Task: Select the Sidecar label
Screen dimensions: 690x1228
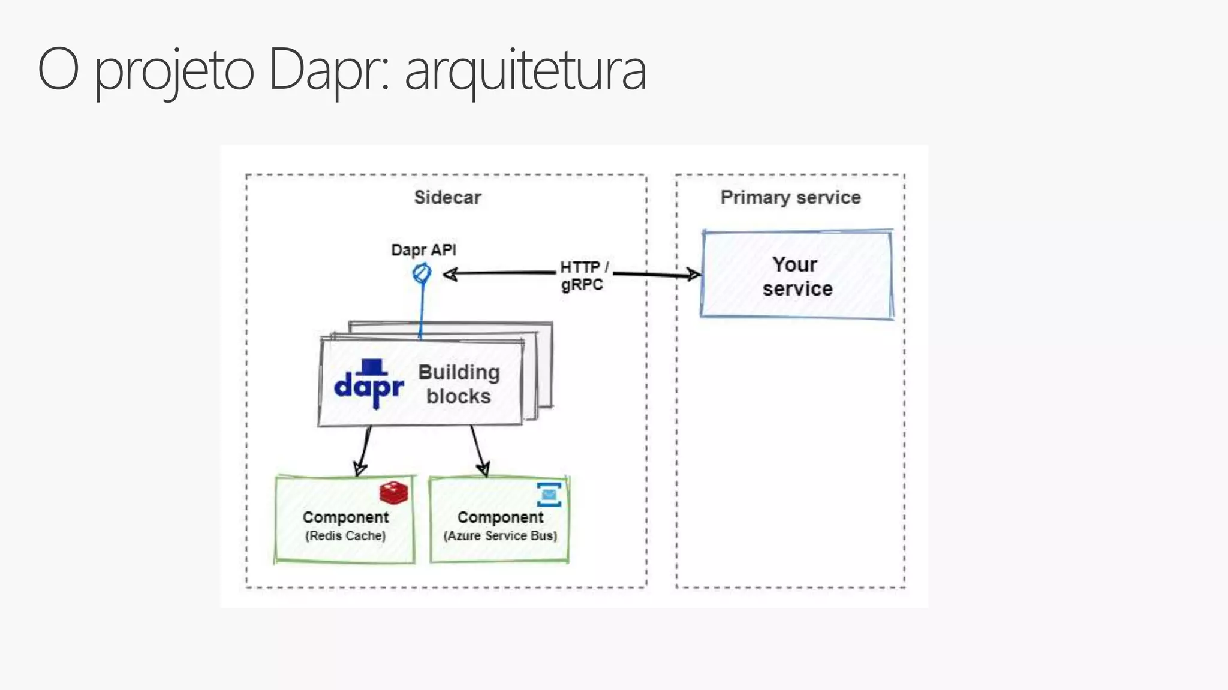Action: coord(447,197)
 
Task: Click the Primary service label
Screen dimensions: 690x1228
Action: coord(790,197)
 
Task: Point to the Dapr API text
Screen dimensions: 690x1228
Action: coord(423,249)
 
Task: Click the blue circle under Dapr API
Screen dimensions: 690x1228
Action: coord(422,273)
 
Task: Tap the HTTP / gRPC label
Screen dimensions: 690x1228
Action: coord(583,275)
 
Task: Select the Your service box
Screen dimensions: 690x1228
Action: coord(796,276)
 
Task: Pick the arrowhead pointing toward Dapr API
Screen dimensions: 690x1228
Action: coord(450,274)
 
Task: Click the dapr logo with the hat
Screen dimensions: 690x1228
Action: coord(368,385)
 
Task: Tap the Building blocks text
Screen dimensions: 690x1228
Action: coord(459,384)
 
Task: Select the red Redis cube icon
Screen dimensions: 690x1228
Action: coord(393,493)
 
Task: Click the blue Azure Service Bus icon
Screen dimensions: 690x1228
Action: coord(549,494)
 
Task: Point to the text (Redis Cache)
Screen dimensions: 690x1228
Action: coord(345,535)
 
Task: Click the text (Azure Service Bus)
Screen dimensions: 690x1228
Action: coord(500,535)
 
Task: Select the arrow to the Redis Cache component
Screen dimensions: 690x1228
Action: coord(364,450)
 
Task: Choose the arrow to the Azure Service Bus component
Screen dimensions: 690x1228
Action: coord(477,450)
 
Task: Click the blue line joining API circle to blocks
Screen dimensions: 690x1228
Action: coord(422,309)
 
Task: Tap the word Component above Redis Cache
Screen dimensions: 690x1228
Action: coord(345,517)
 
